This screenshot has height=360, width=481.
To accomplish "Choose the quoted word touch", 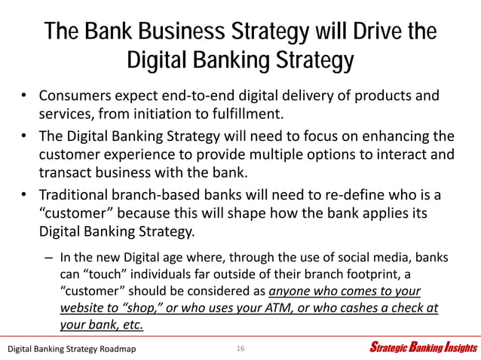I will click(108, 274).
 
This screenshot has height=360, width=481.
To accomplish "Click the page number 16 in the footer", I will click(240, 348).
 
